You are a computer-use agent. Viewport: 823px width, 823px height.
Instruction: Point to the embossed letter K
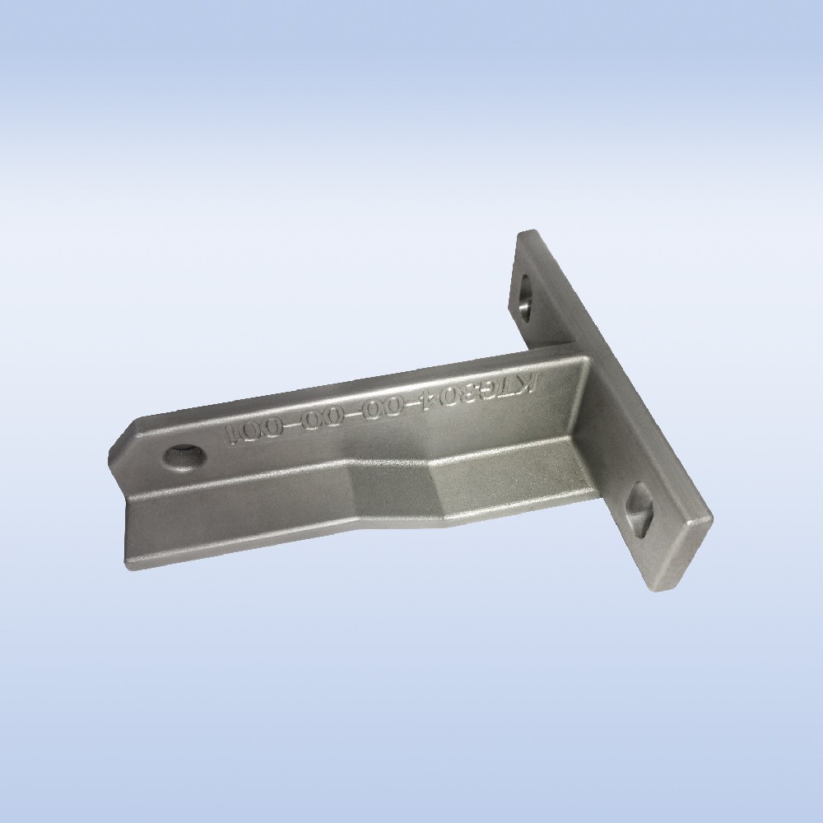click(549, 384)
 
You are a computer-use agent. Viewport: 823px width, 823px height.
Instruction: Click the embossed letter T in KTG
click(534, 388)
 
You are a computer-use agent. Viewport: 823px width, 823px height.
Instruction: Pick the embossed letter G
click(516, 391)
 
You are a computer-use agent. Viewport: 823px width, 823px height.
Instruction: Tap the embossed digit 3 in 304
click(496, 394)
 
